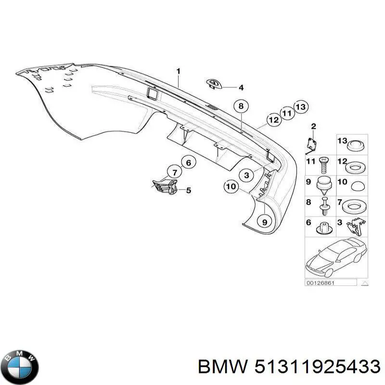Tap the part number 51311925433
pos(318,368)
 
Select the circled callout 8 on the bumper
pos(241,106)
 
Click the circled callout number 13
pos(301,107)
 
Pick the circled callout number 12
pos(274,120)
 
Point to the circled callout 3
pos(246,175)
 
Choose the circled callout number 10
pos(231,187)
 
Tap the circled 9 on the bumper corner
pos(264,222)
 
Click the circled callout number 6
pos(188,163)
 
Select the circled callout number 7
pos(175,172)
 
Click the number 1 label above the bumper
pos(179,71)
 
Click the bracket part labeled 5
pos(165,186)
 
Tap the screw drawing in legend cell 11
pos(323,165)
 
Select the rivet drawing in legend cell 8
pos(324,206)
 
